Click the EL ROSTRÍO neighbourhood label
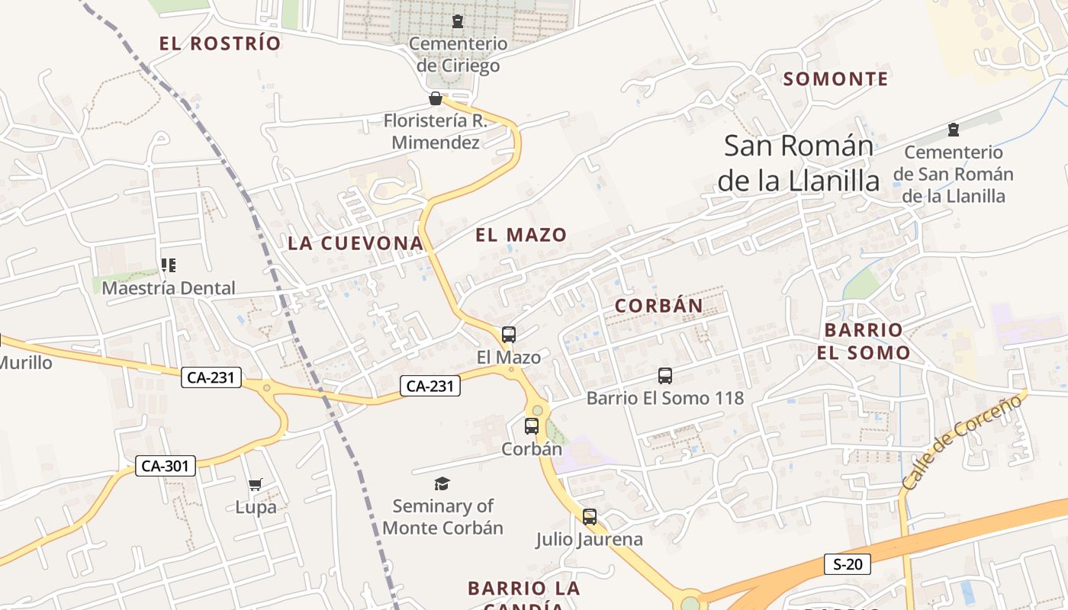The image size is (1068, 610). click(220, 43)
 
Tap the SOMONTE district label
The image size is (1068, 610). click(836, 79)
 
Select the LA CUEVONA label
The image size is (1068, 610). click(355, 243)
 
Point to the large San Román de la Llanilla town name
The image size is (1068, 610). click(799, 163)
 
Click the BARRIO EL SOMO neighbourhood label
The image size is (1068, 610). click(864, 341)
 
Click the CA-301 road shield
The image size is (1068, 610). click(166, 466)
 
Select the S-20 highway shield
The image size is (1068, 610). click(848, 564)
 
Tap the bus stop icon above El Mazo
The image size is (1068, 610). click(509, 335)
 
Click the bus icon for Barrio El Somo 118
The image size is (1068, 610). click(665, 376)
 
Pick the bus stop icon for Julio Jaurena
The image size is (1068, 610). click(590, 517)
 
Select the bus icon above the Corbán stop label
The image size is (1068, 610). click(532, 426)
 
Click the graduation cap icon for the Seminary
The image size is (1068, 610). click(442, 483)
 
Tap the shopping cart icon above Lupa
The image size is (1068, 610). click(256, 484)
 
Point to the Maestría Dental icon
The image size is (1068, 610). click(169, 265)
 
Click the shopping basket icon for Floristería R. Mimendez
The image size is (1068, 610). click(436, 98)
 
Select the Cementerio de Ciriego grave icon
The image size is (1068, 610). click(458, 21)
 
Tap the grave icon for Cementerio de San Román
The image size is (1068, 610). click(953, 129)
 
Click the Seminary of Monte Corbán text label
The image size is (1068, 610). click(443, 517)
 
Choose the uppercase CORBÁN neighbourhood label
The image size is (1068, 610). click(659, 306)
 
